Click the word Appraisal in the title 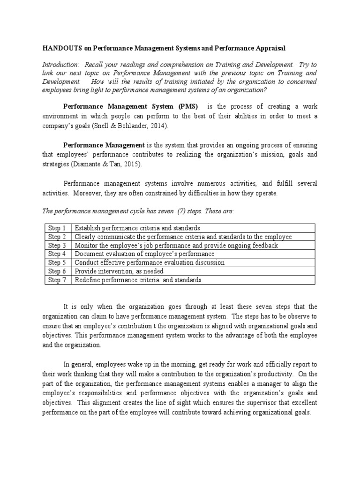click(x=267, y=48)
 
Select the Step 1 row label click(x=57, y=228)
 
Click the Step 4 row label click(x=57, y=254)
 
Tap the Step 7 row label click(x=57, y=280)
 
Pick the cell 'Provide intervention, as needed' click(x=119, y=271)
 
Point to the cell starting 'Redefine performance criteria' click(x=139, y=280)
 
